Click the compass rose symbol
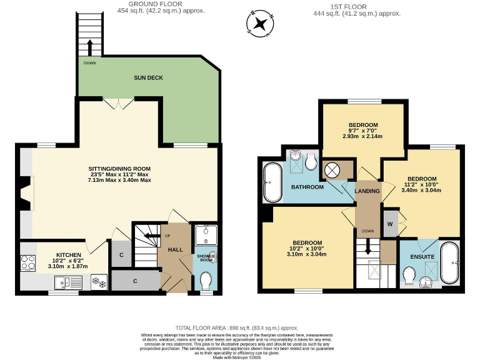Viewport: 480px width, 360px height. tap(260, 24)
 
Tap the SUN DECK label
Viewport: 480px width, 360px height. tap(147, 78)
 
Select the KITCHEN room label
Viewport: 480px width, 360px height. tap(69, 255)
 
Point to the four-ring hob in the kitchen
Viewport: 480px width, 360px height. tap(29, 262)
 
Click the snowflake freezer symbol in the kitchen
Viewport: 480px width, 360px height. tap(99, 282)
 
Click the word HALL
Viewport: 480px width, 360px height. tap(175, 249)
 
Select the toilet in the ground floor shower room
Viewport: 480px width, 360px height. tap(206, 279)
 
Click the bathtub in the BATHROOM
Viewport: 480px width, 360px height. tap(272, 182)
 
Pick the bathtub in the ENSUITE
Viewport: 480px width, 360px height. tap(449, 262)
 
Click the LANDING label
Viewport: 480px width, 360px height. tap(367, 191)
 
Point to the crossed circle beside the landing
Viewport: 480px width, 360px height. tap(333, 169)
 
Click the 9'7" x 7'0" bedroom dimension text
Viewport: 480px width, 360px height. tap(362, 130)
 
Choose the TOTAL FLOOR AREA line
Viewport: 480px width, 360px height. tap(237, 328)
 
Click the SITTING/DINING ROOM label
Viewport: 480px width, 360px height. tap(119, 169)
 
